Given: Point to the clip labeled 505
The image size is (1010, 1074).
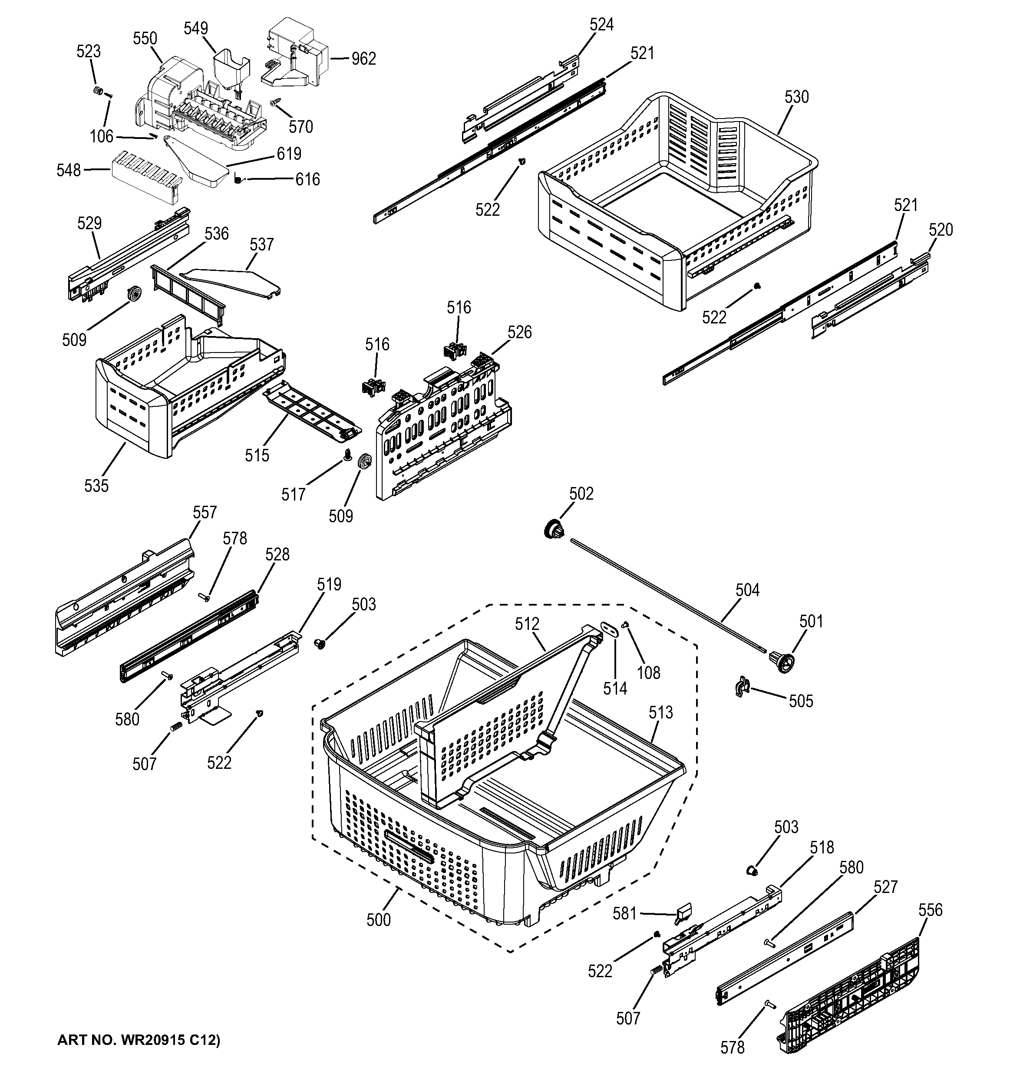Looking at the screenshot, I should pyautogui.click(x=741, y=687).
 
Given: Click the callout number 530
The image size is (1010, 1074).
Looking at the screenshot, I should pyautogui.click(x=796, y=97).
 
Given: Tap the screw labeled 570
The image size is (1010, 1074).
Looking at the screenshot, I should pyautogui.click(x=276, y=101).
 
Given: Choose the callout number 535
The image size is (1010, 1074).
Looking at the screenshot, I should pyautogui.click(x=96, y=486).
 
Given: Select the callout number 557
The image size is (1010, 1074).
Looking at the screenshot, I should pyautogui.click(x=204, y=512).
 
